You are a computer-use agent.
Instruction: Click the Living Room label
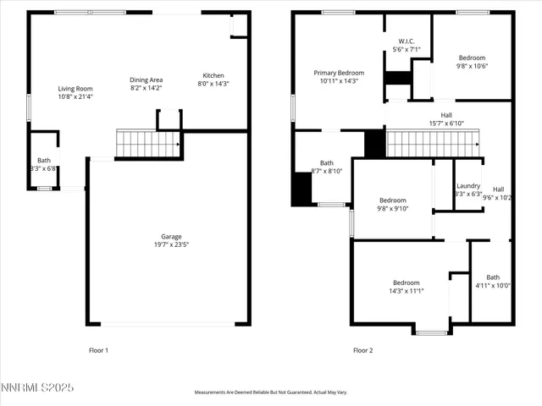(75, 89)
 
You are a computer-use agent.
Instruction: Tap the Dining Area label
(147, 80)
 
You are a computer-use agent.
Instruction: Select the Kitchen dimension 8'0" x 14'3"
(213, 84)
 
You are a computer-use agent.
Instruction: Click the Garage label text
(172, 237)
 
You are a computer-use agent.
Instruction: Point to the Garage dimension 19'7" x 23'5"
(172, 245)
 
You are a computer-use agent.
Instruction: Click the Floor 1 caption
(99, 350)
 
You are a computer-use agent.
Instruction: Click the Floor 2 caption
(362, 350)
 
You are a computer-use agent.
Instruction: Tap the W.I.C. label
(406, 41)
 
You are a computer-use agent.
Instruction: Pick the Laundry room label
(468, 186)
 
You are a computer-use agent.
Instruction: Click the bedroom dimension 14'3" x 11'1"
(407, 291)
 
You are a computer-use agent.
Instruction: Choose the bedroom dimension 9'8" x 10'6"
(473, 66)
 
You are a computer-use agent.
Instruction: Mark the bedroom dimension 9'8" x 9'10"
(393, 208)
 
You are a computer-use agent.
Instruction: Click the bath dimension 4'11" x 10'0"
(493, 286)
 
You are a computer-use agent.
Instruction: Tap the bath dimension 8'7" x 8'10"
(326, 171)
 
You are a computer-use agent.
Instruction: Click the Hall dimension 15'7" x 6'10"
(446, 123)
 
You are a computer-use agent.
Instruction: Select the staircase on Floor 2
(428, 144)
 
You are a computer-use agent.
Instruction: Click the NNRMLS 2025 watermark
(37, 388)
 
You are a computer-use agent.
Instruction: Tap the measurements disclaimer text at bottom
(271, 392)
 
